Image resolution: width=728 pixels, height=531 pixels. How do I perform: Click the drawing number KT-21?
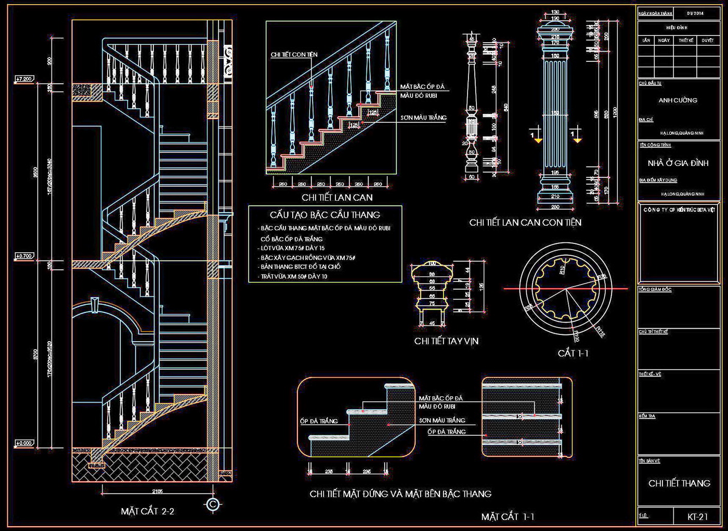pos(698,516)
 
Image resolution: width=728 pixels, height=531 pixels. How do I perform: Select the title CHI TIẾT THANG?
pos(679,483)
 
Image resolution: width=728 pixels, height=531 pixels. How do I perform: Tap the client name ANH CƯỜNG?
pos(678,100)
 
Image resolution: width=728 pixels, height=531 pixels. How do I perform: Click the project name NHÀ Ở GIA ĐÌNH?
pos(678,163)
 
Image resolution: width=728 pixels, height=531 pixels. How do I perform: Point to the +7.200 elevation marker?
pos(24,79)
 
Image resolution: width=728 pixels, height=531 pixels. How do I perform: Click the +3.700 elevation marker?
pos(24,256)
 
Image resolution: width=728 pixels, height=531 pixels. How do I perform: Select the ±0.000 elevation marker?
pos(24,443)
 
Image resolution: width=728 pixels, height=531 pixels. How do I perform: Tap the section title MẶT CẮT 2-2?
pos(147,511)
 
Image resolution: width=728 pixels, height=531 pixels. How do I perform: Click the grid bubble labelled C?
pos(212,504)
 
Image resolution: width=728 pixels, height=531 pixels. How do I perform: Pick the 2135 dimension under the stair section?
pos(157,491)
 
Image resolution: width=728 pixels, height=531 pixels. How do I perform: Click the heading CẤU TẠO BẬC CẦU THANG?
pos(325,215)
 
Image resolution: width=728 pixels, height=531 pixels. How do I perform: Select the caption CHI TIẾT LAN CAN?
pos(337,198)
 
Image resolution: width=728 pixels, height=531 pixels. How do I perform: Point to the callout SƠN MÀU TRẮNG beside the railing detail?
pos(423,118)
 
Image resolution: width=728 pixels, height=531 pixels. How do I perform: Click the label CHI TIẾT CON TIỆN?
pos(294,55)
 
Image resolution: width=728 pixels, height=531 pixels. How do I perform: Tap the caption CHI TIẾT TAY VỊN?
pos(446,341)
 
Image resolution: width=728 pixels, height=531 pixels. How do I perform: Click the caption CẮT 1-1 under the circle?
pos(573,353)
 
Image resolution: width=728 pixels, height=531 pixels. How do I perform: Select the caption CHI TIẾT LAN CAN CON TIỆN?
pos(525,223)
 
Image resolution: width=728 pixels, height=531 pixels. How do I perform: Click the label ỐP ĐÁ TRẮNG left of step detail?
pos(319,421)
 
